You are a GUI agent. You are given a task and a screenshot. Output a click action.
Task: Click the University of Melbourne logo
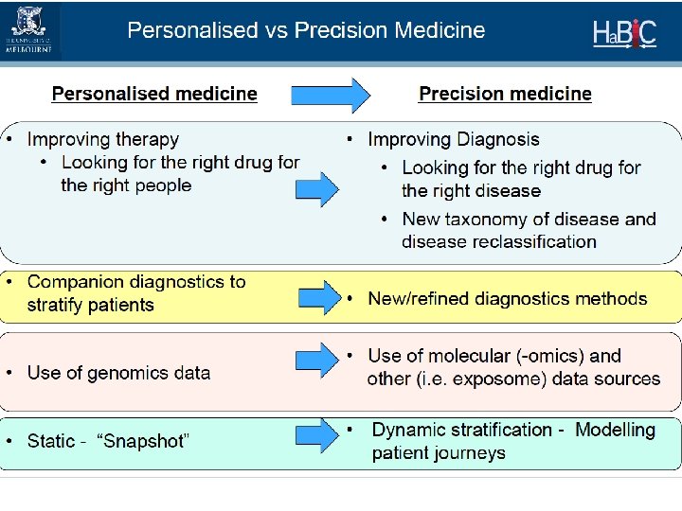coord(29,30)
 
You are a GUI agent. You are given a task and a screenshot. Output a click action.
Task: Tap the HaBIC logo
coord(623,31)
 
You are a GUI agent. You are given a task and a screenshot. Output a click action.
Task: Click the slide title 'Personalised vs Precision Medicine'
coord(306,30)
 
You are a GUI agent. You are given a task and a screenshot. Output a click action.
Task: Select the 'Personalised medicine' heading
coord(154,94)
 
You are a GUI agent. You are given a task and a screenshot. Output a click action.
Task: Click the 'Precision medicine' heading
coord(505,94)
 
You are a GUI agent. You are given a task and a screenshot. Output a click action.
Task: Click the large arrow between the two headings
coord(329,94)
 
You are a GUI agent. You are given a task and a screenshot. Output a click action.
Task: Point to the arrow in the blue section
coord(317,189)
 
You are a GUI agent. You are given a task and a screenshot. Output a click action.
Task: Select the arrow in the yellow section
coord(317,297)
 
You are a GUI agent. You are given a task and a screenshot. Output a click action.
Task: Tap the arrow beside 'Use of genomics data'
coord(317,360)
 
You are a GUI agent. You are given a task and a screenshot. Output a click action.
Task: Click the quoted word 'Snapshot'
coord(146,441)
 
